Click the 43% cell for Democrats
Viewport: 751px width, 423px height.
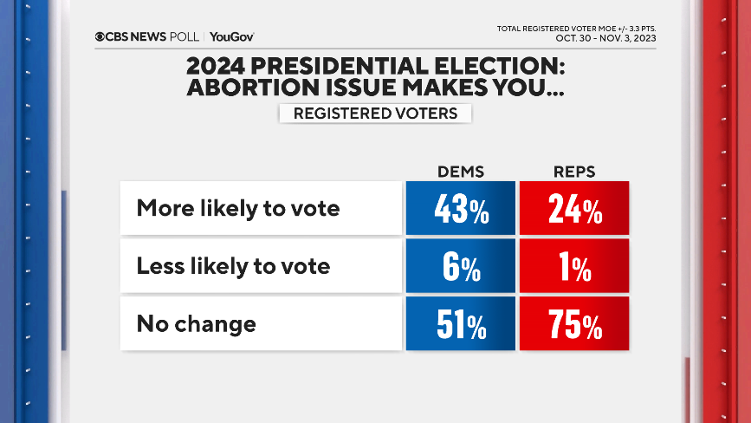point(459,209)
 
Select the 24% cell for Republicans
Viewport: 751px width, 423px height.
point(574,209)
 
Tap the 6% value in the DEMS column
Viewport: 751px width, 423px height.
point(459,266)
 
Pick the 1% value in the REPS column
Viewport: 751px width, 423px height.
point(574,266)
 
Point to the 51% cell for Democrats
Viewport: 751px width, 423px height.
point(459,324)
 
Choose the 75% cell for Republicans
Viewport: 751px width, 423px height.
point(574,324)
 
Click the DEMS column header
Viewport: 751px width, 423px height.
point(459,171)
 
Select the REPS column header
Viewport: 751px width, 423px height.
point(574,171)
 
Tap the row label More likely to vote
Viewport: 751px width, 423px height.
point(238,209)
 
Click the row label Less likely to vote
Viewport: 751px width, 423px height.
point(233,266)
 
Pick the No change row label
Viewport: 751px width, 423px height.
point(197,324)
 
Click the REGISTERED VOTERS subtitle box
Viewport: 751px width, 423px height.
point(375,114)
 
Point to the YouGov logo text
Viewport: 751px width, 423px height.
point(231,36)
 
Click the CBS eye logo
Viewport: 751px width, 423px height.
point(100,36)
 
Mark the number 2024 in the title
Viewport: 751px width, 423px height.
point(216,67)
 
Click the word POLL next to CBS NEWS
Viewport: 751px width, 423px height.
point(185,36)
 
